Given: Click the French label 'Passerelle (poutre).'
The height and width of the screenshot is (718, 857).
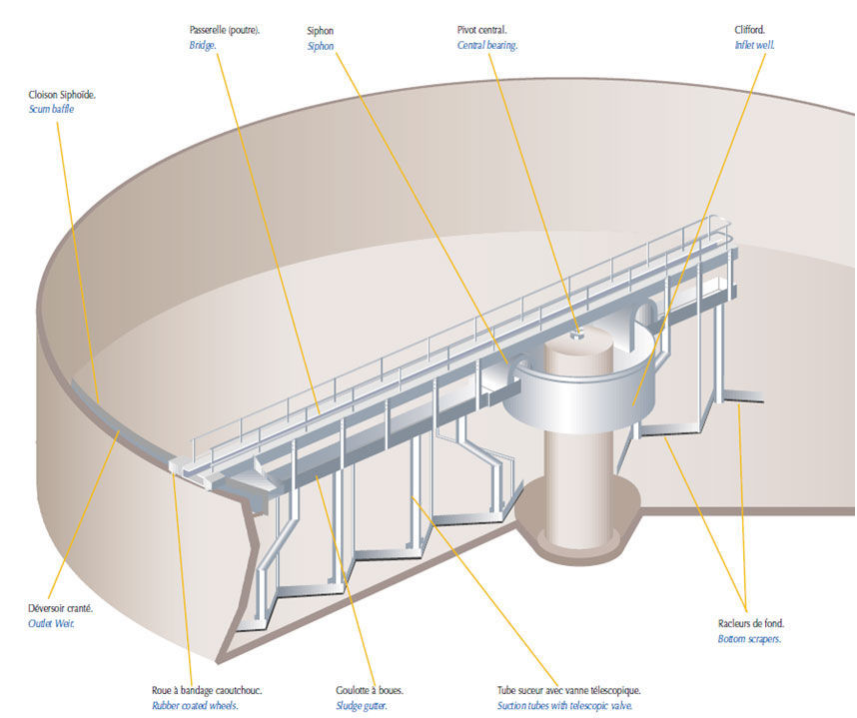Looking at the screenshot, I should [x=225, y=31].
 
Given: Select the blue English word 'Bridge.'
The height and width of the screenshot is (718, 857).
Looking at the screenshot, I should [x=203, y=46].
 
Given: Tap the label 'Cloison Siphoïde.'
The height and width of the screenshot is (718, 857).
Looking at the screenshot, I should [x=62, y=95].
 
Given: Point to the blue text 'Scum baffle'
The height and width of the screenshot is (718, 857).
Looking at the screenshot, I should [x=51, y=109].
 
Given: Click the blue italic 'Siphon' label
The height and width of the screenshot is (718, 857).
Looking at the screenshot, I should [x=321, y=46].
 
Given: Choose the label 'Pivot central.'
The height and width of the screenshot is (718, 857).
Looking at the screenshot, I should [x=481, y=31].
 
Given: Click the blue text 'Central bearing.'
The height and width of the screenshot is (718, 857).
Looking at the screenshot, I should [x=487, y=46].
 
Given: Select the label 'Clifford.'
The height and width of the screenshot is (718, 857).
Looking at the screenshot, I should [x=749, y=31].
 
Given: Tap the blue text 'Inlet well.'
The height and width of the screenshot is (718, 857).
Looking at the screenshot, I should [x=754, y=46].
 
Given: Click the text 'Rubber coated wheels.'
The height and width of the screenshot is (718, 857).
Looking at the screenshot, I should [x=195, y=705].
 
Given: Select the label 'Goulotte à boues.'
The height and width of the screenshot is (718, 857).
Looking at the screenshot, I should [x=370, y=690].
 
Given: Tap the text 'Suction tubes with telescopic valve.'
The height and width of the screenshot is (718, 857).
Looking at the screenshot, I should [x=568, y=705].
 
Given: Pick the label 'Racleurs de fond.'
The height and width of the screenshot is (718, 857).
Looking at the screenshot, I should [x=750, y=624].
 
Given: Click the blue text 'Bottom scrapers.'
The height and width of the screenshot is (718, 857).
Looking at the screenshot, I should [x=749, y=639].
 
